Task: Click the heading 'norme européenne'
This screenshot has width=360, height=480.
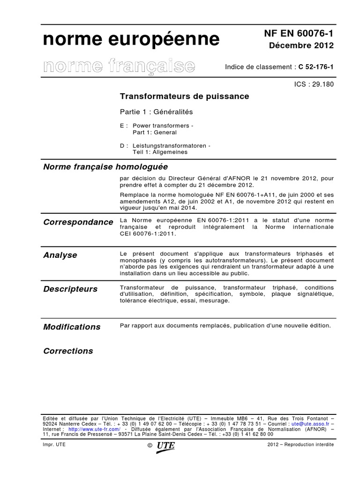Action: pos(131,41)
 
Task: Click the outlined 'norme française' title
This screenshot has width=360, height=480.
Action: pos(119,66)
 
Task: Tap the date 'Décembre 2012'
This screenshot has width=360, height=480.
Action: pos(301,45)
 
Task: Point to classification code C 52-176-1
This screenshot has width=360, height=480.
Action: pos(316,67)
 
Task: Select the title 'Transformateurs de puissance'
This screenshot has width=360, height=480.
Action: pos(185,96)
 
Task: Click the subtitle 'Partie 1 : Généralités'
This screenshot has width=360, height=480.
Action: pos(157,112)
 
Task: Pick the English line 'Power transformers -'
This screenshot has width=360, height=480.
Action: pos(163,126)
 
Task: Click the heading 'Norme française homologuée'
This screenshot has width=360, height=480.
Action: pos(105,167)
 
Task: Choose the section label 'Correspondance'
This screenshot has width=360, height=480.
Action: pos(78,222)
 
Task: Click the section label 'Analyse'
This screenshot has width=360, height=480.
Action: pos(60,255)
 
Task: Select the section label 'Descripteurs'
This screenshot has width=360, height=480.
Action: pos(70,289)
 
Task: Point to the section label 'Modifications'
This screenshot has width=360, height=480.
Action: pos(72,327)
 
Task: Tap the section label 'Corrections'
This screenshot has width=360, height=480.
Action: pos(68,351)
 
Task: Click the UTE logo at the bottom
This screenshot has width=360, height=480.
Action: pos(166,446)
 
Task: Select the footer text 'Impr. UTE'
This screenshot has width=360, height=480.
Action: pos(54,444)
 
